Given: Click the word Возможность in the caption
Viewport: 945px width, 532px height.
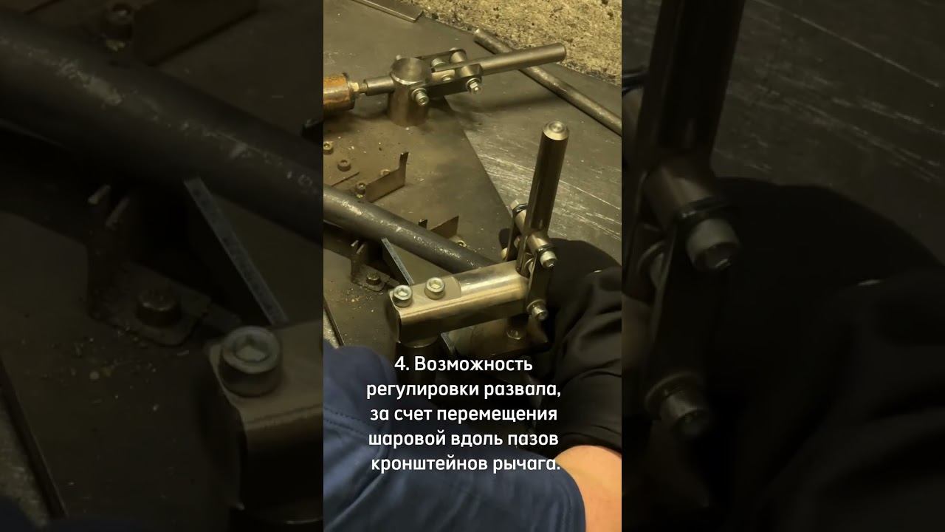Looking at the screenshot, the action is (x=473, y=364).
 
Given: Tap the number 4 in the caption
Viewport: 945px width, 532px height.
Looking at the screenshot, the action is (x=401, y=364).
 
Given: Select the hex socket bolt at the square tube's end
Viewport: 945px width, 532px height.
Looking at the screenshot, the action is (x=402, y=294).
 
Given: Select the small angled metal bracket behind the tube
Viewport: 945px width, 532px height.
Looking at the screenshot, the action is (x=388, y=179).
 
